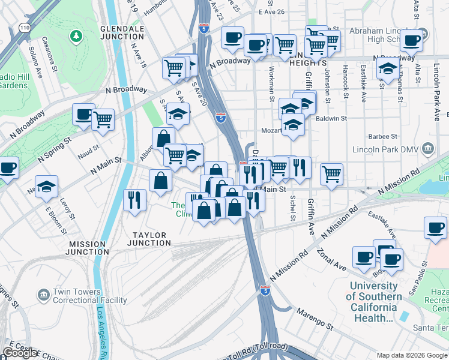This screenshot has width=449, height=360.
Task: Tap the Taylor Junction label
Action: tap(149, 239)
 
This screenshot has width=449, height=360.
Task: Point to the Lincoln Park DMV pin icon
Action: tap(427, 148)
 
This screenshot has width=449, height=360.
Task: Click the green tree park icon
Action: tap(76, 37)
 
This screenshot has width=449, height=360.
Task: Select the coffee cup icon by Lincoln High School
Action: tap(412, 40)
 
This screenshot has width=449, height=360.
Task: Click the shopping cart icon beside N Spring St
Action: tap(103, 119)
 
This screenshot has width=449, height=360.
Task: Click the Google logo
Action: tap(20, 353)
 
